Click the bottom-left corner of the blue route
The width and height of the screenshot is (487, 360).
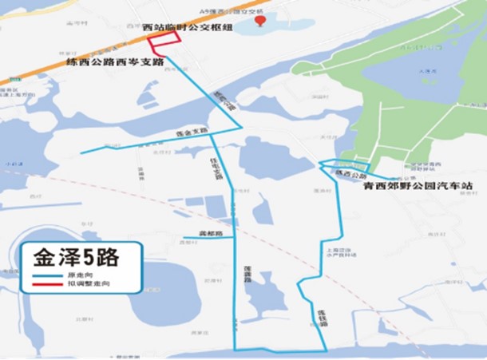[x=235, y=349]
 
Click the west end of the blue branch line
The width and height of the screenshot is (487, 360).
[x=81, y=152]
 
